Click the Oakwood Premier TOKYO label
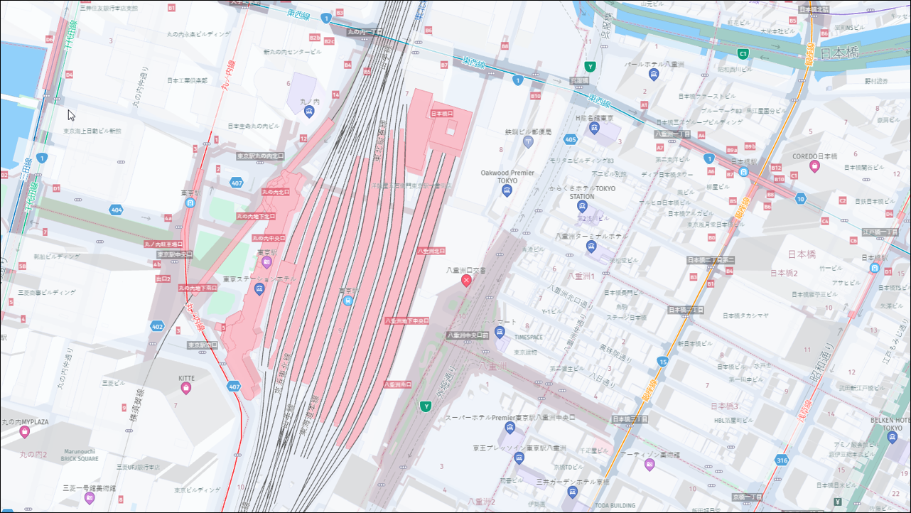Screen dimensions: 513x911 (507, 176)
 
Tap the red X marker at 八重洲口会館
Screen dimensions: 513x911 (466, 281)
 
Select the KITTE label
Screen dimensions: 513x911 (186, 379)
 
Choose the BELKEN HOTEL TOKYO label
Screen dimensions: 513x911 (892, 424)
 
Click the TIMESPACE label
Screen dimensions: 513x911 (529, 337)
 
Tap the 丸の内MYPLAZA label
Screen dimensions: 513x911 (25, 421)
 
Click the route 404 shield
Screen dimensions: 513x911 (116, 210)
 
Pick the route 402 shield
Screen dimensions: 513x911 (158, 326)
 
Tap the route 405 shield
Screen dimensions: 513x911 (570, 139)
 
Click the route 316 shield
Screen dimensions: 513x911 (782, 460)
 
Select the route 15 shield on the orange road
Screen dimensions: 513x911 (662, 362)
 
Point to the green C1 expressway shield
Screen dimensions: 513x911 (743, 53)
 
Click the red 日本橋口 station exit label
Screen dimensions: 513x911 (441, 114)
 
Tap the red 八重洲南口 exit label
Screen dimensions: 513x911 (397, 384)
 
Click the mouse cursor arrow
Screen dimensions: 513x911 (71, 115)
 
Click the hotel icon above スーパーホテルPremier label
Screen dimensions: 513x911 (510, 427)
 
